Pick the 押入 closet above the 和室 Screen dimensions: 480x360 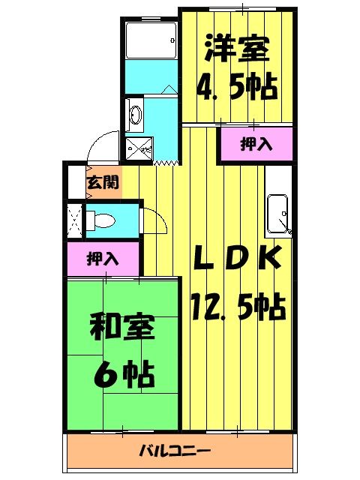(103, 259)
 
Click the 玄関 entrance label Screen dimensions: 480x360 (101, 181)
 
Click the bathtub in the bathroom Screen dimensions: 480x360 (150, 40)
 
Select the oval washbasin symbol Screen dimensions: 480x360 (135, 115)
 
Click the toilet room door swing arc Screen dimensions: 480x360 (154, 220)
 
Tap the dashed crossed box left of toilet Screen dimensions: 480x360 (75, 219)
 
